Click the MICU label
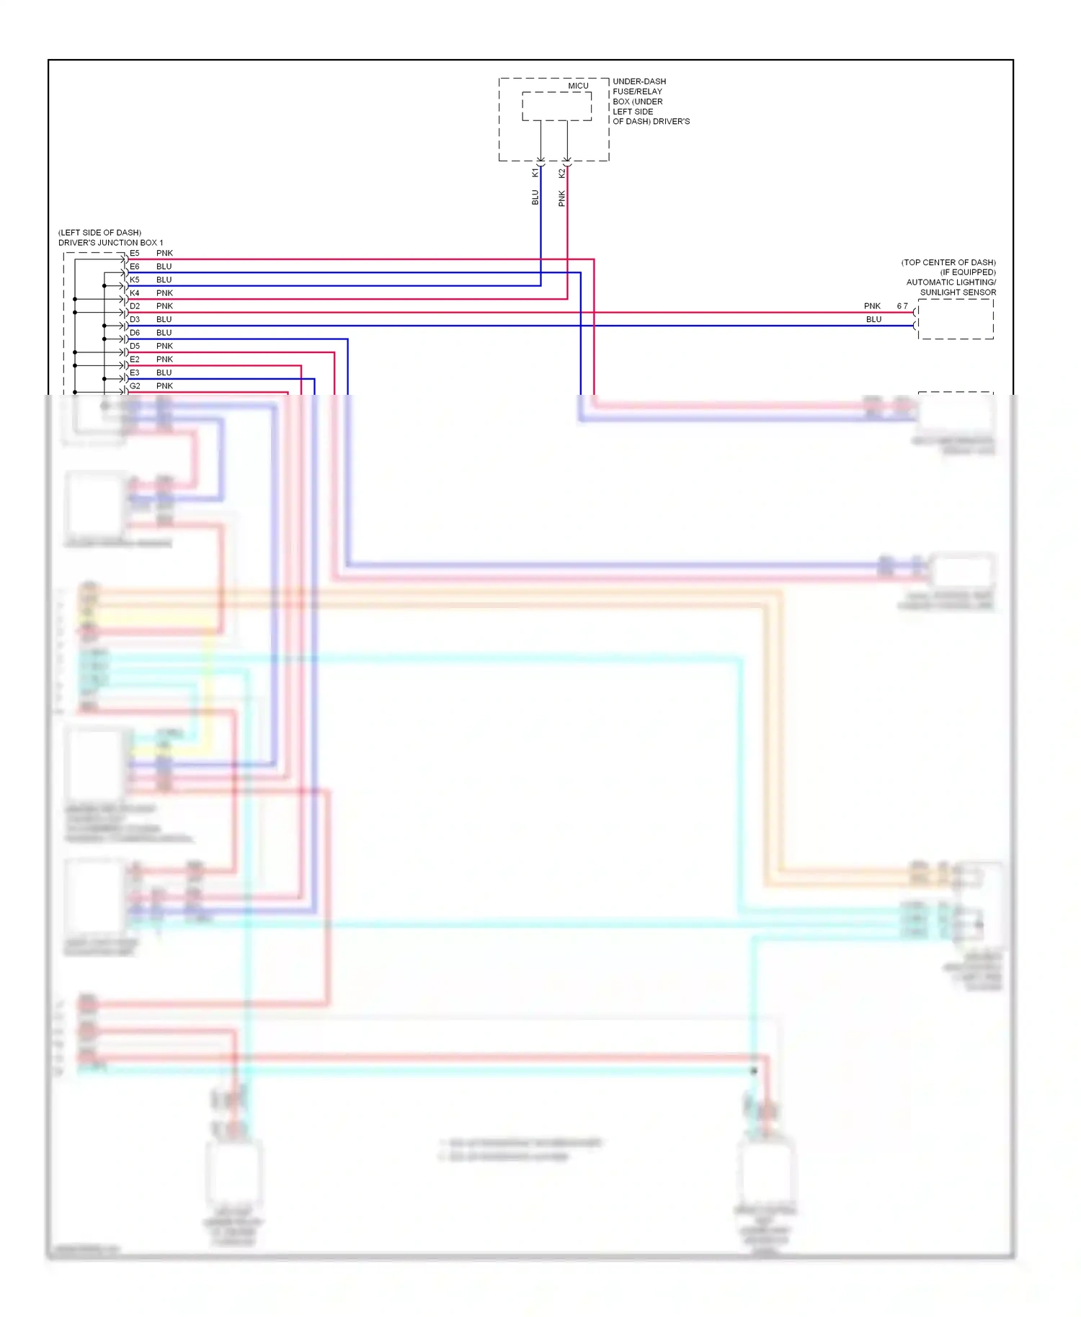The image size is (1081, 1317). coord(578,86)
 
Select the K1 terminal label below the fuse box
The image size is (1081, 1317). coord(535,173)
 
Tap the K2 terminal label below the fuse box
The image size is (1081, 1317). coord(561,173)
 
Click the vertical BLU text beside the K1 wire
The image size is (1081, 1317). coord(535,197)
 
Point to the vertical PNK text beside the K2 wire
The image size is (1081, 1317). coord(561,198)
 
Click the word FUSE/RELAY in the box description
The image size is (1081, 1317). coord(637,91)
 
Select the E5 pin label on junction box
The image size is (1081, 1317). coord(135,254)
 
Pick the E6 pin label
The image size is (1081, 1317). coord(135,267)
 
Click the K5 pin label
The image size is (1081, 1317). coord(135,280)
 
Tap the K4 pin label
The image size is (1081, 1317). coord(135,293)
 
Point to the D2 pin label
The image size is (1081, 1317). coord(135,306)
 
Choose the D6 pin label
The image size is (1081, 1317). coord(135,333)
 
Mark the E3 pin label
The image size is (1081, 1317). coord(135,372)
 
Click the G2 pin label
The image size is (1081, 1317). coord(135,386)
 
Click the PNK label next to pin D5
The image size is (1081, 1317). coord(164,346)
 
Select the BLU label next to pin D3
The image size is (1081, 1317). coord(164,319)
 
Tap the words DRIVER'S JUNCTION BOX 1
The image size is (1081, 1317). coord(110,243)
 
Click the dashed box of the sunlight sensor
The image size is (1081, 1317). coord(955,319)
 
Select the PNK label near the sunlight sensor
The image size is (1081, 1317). coord(872,306)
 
